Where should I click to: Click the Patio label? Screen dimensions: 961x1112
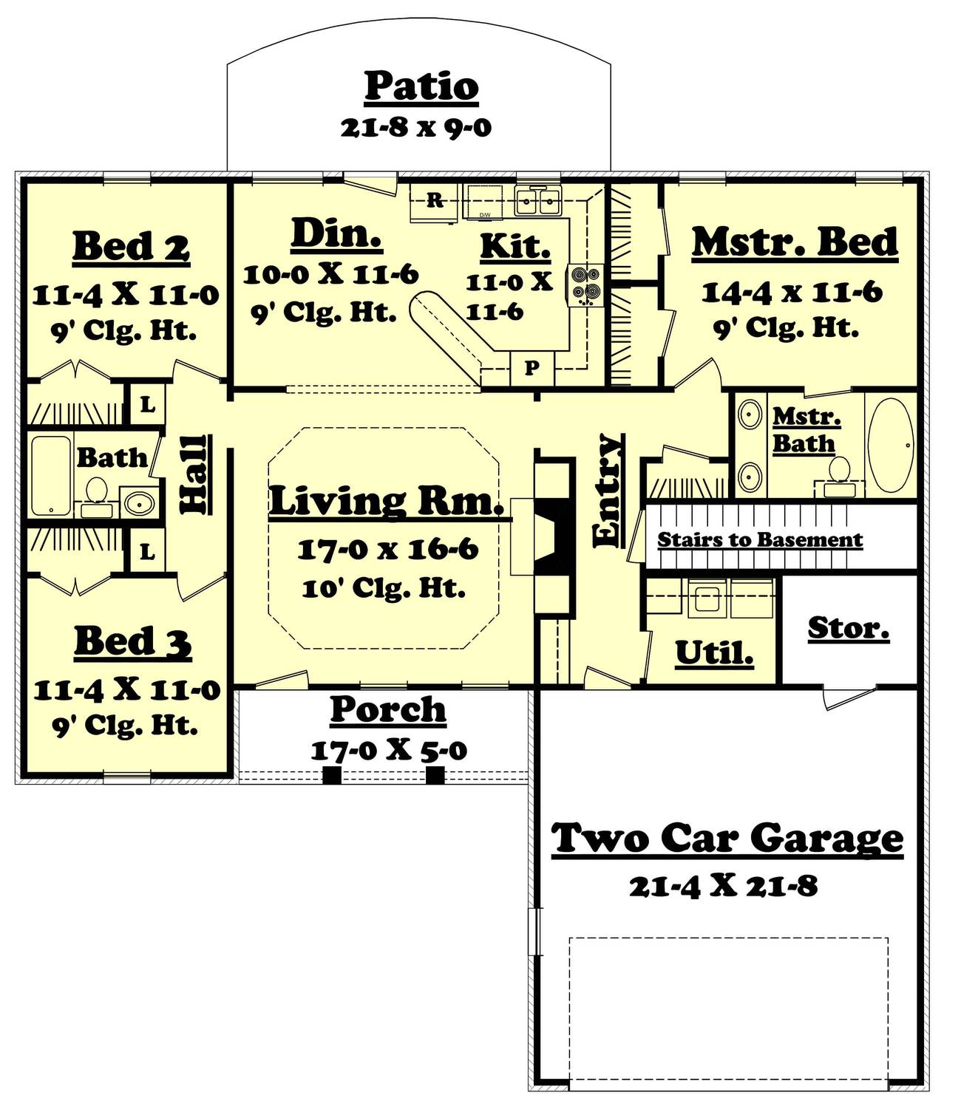click(x=421, y=86)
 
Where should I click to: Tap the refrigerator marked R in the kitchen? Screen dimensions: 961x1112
click(x=433, y=202)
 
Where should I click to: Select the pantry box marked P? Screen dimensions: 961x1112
click(x=532, y=368)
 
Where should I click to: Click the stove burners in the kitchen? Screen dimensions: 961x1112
click(x=584, y=285)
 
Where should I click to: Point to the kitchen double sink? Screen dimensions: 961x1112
click(x=537, y=201)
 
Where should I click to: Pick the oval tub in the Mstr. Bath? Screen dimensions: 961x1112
click(x=891, y=446)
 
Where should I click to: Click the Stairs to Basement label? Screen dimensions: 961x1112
click(x=760, y=539)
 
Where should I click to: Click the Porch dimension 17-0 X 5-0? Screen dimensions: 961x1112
click(x=389, y=751)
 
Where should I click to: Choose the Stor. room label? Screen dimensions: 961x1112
click(x=849, y=628)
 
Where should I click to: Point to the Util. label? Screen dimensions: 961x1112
click(x=714, y=653)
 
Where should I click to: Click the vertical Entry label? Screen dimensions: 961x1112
click(x=608, y=490)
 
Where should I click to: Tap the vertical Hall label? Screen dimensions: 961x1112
click(x=194, y=474)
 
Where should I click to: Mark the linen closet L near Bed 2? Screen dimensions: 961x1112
click(x=148, y=405)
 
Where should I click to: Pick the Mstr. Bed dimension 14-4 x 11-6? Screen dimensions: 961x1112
click(x=792, y=293)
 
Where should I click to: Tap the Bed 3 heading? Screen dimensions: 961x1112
click(x=132, y=642)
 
